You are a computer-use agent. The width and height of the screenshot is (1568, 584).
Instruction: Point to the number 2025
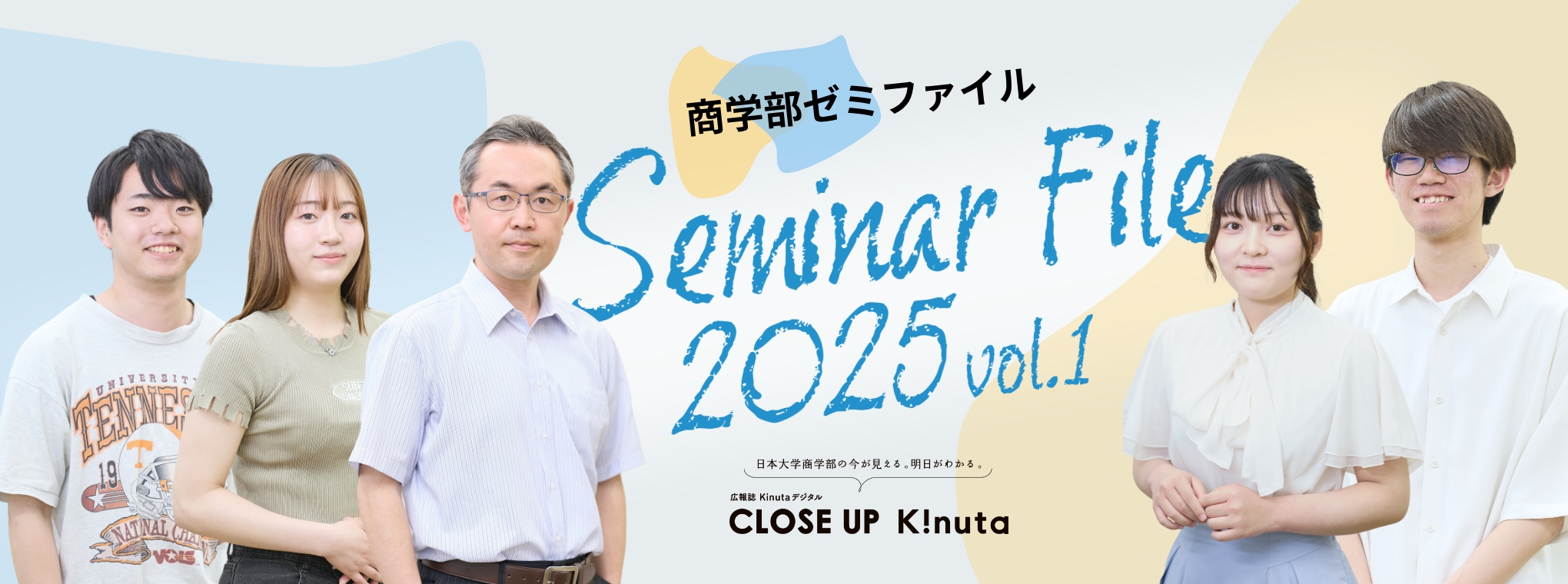coord(815,361)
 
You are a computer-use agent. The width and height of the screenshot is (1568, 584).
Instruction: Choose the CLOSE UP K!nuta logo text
coord(869,522)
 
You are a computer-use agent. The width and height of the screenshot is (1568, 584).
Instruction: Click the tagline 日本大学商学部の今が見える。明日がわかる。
coord(869,464)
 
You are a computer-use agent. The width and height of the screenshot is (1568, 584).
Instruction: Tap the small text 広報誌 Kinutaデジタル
coord(776,497)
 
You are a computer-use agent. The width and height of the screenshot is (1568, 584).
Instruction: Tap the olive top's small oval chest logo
coord(351,390)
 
